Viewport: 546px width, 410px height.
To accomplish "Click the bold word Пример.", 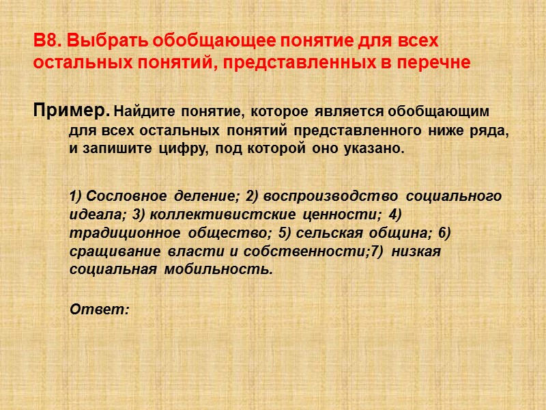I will click(x=70, y=110).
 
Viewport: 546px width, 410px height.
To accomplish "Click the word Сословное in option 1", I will click(x=127, y=197).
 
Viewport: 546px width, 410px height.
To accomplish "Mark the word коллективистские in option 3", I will click(x=209, y=215).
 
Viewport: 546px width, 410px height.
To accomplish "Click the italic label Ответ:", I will click(x=100, y=309).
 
